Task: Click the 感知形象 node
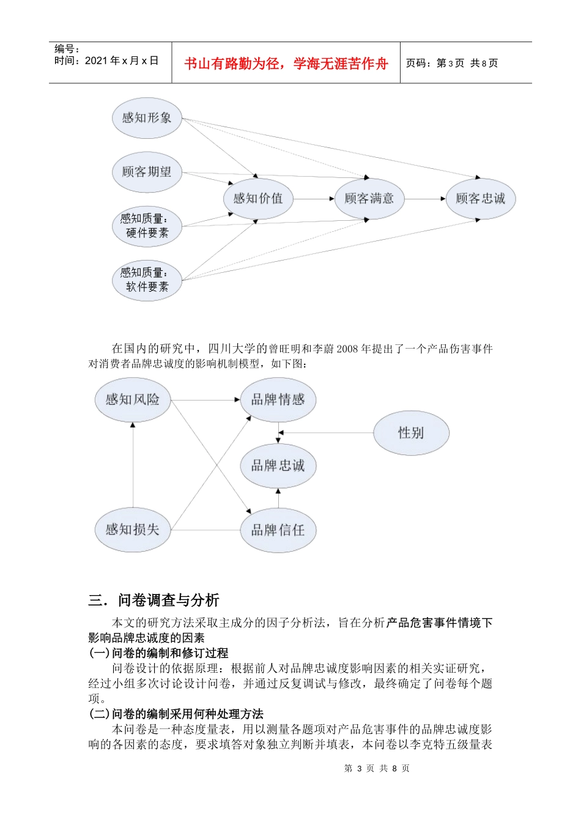click(147, 118)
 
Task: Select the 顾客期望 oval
click(147, 172)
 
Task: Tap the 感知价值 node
click(257, 198)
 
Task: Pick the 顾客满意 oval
click(369, 198)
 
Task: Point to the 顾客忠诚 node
click(480, 198)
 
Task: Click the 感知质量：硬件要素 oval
click(147, 226)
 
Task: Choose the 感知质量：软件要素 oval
click(147, 280)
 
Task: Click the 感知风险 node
click(133, 399)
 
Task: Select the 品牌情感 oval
click(278, 399)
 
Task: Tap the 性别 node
click(411, 433)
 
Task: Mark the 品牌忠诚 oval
click(278, 465)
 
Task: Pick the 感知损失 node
click(133, 530)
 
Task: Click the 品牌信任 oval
click(278, 530)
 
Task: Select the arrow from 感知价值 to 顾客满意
click(313, 199)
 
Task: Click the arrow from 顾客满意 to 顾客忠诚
click(424, 199)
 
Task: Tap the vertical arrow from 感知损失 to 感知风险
click(133, 465)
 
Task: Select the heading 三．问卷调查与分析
click(154, 600)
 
